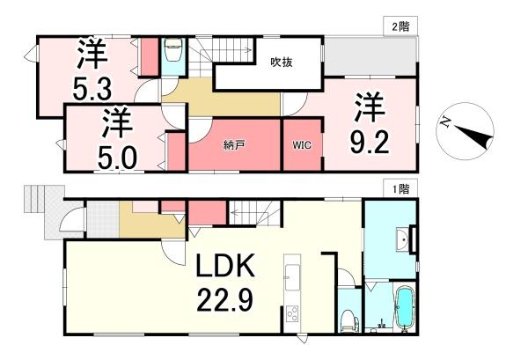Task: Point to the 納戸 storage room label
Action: click(233, 144)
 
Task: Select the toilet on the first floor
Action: click(347, 318)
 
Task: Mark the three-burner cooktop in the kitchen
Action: click(291, 314)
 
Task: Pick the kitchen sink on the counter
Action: click(291, 268)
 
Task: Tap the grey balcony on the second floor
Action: click(361, 57)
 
